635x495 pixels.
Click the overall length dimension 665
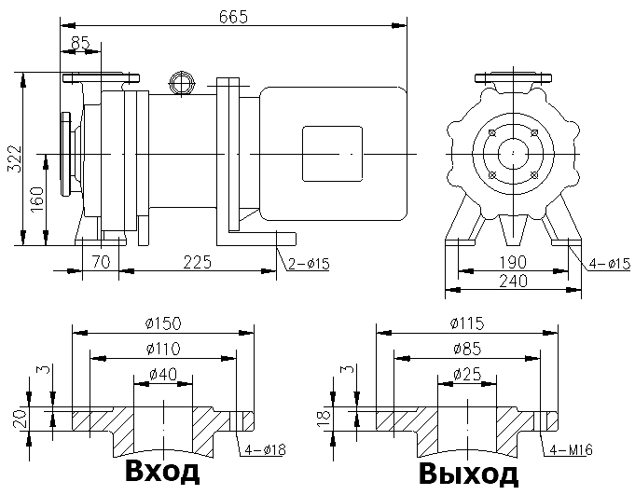(234, 17)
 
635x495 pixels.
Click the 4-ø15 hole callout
(605, 264)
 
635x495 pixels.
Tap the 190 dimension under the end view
(512, 262)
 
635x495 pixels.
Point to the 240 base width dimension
(512, 280)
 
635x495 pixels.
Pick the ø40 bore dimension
(164, 375)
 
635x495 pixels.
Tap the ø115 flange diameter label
(464, 323)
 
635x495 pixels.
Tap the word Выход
(468, 474)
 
